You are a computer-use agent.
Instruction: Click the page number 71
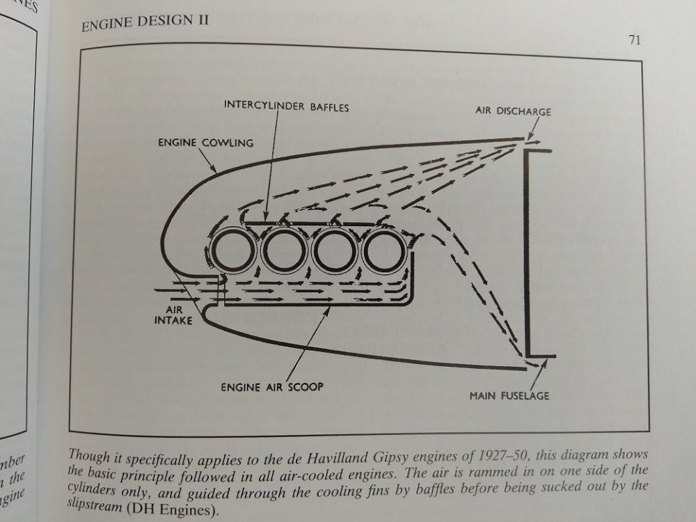tap(633, 40)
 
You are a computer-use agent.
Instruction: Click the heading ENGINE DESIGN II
tap(145, 27)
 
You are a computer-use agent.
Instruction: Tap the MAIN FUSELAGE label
tap(509, 397)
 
